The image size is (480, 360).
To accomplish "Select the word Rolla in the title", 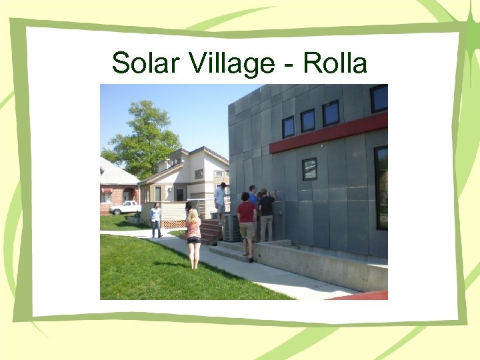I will pyautogui.click(x=335, y=63).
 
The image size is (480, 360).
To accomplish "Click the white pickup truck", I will pyautogui.click(x=125, y=207).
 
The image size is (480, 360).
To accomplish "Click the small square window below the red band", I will pyautogui.click(x=309, y=169).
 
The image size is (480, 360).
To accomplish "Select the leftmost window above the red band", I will pyautogui.click(x=288, y=127).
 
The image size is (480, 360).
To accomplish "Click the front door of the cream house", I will pyautogui.click(x=179, y=194).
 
